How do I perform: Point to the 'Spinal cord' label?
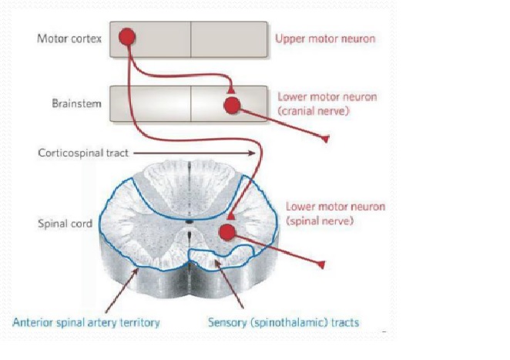[65, 224]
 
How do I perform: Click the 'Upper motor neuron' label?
[325, 39]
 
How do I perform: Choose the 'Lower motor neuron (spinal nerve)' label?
[335, 214]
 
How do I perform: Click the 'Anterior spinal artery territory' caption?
[86, 321]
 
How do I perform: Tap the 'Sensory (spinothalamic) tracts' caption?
[284, 321]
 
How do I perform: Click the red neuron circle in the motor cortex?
[127, 36]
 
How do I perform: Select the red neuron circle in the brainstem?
[232, 105]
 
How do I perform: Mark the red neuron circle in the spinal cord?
[226, 231]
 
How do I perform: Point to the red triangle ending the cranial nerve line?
[324, 139]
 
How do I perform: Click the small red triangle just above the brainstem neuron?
[231, 90]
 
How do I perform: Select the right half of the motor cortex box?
[229, 39]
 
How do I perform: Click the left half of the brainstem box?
[150, 104]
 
